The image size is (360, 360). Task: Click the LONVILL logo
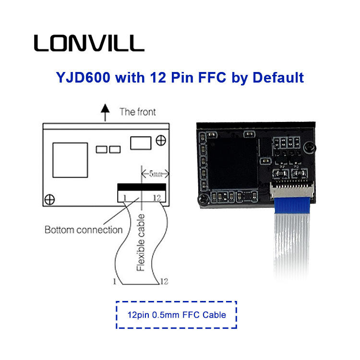coord(89,43)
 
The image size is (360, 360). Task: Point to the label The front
coord(138,112)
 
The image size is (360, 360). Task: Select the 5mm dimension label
coord(155,174)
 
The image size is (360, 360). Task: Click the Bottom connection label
coord(84,230)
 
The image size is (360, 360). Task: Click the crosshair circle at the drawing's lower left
coord(49,199)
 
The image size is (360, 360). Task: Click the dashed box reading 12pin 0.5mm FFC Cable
coord(177,315)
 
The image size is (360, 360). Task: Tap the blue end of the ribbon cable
coord(291,205)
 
